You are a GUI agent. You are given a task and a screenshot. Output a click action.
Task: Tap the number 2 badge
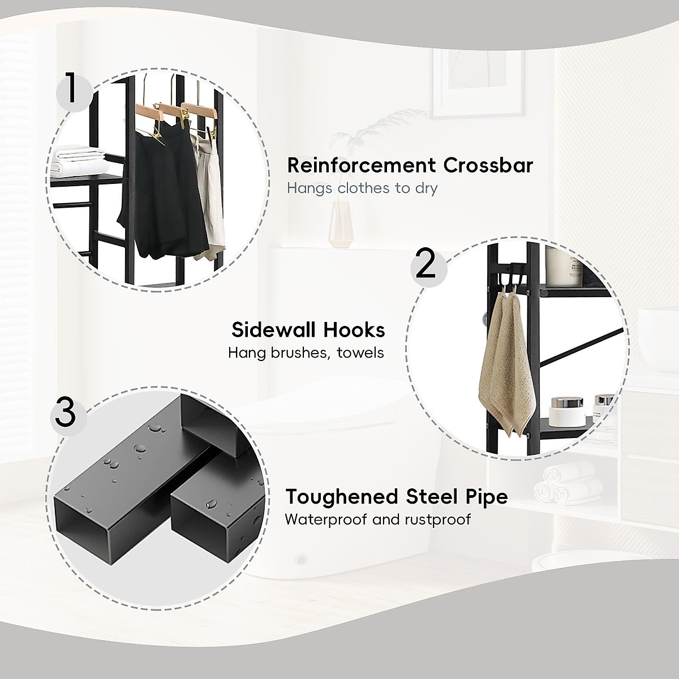click(426, 264)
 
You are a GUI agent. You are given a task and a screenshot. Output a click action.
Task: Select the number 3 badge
click(66, 413)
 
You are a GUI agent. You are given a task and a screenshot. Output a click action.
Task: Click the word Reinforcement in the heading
click(360, 166)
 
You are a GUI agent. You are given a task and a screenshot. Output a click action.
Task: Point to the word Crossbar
click(488, 166)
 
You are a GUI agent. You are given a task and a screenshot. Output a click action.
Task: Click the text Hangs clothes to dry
click(362, 188)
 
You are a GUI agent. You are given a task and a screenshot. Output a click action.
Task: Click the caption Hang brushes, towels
click(306, 353)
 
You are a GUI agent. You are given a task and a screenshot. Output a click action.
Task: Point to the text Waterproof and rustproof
click(377, 519)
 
